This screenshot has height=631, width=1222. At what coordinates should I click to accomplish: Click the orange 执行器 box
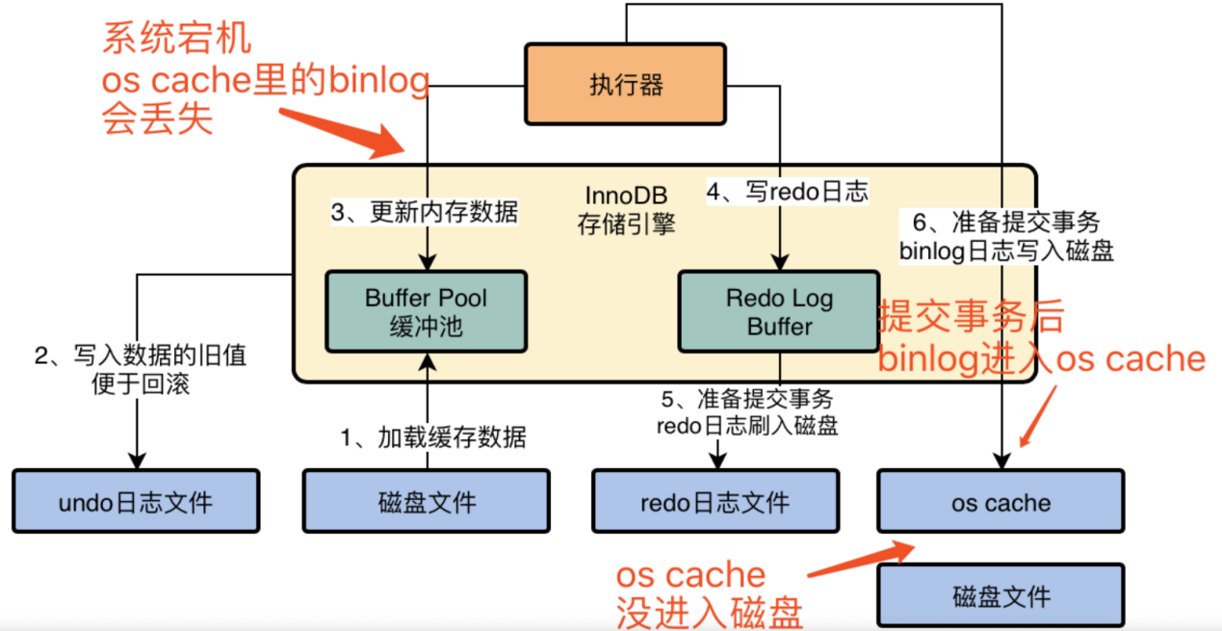[x=625, y=85]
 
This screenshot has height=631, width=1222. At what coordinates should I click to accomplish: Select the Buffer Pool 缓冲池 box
[x=427, y=311]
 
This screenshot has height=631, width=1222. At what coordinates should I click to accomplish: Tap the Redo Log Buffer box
[x=779, y=311]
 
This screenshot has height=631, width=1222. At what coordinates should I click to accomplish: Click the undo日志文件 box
[x=136, y=501]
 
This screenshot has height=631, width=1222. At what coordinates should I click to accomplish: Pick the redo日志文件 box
[x=715, y=501]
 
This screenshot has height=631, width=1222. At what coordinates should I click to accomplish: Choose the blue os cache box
[x=1001, y=501]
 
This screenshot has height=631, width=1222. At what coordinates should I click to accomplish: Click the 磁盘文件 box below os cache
[x=1001, y=595]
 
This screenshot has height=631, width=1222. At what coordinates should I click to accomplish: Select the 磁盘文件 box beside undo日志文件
[x=427, y=501]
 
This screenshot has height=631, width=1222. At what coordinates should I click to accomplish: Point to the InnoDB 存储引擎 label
[x=625, y=210]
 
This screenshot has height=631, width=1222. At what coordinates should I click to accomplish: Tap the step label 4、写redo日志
[x=787, y=192]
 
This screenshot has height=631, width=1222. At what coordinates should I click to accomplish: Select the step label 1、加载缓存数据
[x=432, y=437]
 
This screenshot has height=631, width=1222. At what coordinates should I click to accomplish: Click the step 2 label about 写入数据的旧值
[x=141, y=370]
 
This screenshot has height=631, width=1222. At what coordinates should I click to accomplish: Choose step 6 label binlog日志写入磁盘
[x=1005, y=237]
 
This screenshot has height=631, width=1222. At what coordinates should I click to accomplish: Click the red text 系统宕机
[x=177, y=39]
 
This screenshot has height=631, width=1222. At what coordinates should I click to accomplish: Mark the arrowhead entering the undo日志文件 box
[x=137, y=461]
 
